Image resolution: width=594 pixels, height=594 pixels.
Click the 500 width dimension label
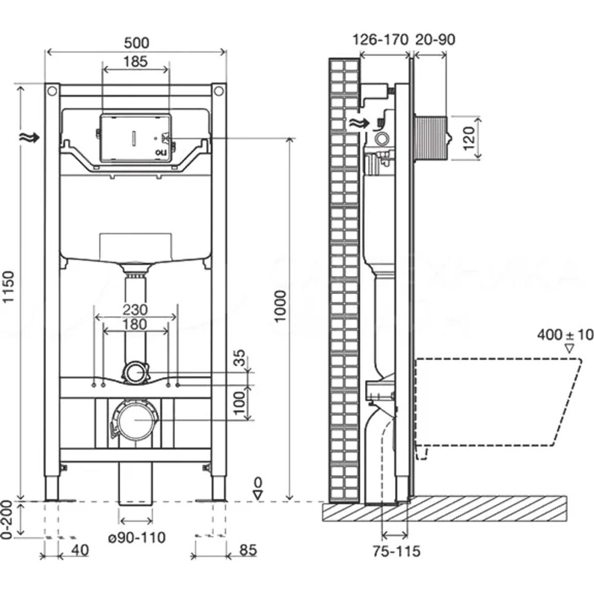136,43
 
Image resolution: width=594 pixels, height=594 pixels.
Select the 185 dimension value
136,61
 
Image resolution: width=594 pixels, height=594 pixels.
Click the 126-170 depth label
380,40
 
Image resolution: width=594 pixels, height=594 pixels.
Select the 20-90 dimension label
436,40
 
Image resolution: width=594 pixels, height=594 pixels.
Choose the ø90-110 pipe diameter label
137,538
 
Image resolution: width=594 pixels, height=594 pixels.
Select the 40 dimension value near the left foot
80,550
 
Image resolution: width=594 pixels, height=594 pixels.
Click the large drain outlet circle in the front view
135,419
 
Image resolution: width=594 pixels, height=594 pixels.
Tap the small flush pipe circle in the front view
135,374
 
